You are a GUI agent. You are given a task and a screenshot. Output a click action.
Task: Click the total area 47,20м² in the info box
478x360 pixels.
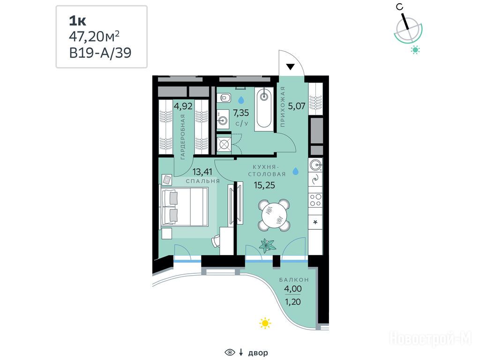pos(94,37)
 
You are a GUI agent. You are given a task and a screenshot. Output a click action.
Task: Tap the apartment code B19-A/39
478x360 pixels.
pos(100,53)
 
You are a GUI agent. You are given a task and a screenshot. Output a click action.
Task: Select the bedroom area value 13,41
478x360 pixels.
pos(202,172)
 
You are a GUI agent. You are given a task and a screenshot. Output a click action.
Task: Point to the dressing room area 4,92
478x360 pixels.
pos(183,106)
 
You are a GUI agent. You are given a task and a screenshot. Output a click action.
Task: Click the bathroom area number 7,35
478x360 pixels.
pos(241,113)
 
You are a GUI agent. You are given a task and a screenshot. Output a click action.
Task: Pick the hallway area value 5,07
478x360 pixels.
pos(297,106)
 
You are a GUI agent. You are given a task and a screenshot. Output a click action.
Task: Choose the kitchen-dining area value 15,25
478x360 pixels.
pos(264,185)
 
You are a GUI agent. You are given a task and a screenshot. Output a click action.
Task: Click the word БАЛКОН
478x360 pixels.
pos(294,279)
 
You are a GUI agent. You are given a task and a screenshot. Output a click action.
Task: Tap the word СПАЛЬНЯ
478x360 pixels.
pos(203,181)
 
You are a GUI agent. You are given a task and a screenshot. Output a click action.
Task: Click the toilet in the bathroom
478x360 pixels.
pos(224,98)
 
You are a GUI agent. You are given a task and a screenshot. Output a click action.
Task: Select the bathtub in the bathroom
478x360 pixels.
pos(264,109)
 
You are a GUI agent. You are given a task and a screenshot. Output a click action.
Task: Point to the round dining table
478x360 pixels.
pos(274,215)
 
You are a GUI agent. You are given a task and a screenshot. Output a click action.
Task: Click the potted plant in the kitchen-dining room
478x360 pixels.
pos(267,245)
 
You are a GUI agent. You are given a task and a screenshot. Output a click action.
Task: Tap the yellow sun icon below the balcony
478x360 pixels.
pos(265,323)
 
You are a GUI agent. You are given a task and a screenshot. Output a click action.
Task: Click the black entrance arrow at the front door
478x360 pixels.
pos(290,67)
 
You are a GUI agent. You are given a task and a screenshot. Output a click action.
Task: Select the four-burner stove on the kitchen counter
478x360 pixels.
pos(315,200)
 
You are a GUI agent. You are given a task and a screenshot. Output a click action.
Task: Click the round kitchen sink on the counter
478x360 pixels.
pos(315,165)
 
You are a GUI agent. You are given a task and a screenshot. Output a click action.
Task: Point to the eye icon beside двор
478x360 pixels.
pos(230,352)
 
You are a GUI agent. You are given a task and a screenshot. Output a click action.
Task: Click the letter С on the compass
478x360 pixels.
pos(400,7)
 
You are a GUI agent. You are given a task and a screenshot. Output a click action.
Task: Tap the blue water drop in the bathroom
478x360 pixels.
pos(241,100)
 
